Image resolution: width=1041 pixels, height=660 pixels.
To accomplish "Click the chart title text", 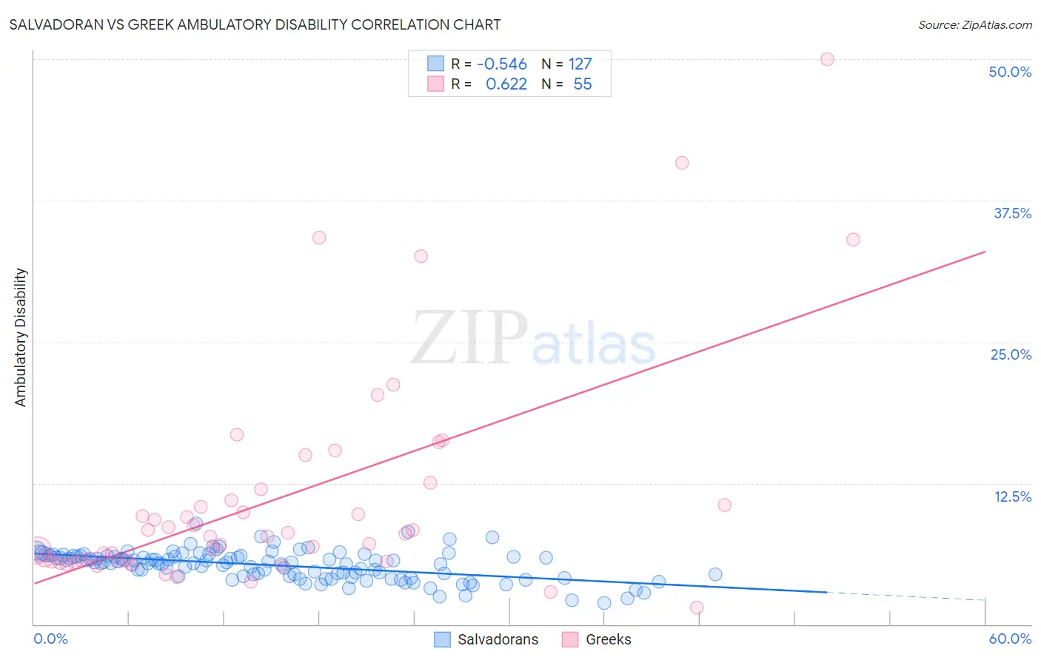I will coord(255,24).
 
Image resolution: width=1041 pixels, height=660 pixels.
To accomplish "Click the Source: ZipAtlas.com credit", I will coord(974,24).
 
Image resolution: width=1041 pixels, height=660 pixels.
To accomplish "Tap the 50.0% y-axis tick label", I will coord(1010,72).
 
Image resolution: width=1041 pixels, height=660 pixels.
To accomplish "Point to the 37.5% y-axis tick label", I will coord(1012,213).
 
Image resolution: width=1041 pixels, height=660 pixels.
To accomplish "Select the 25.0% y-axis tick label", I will coord(1011,354).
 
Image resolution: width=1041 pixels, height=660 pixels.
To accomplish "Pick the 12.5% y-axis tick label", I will coord(1012,496).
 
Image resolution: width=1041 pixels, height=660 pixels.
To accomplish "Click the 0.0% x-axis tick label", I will coord(50,639).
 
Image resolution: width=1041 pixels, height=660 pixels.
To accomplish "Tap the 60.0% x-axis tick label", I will coord(1010,639).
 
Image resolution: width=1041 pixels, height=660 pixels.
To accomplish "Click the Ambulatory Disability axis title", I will coord(21,337).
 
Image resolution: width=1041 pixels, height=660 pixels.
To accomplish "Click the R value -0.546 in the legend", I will coord(502,64).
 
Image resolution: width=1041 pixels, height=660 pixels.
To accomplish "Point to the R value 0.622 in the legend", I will coord(506,84).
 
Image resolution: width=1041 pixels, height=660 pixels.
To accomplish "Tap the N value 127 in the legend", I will coord(580,64).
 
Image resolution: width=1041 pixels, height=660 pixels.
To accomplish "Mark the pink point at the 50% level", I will coord(827,59).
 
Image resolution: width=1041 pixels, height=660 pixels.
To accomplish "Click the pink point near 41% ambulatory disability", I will coord(682,163).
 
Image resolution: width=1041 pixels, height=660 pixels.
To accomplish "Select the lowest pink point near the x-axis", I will coord(696,607).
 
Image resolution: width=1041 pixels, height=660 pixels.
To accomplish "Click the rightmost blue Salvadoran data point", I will coord(714,574).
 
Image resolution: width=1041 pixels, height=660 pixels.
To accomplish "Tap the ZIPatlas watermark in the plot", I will coord(533,338).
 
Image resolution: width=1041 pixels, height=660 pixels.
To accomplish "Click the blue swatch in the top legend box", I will coord(435,64).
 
